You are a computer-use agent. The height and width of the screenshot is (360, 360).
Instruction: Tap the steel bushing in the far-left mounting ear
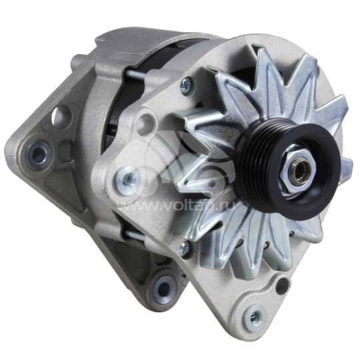(x=39, y=155)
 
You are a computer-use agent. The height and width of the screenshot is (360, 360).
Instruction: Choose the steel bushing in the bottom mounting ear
(x=163, y=288)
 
